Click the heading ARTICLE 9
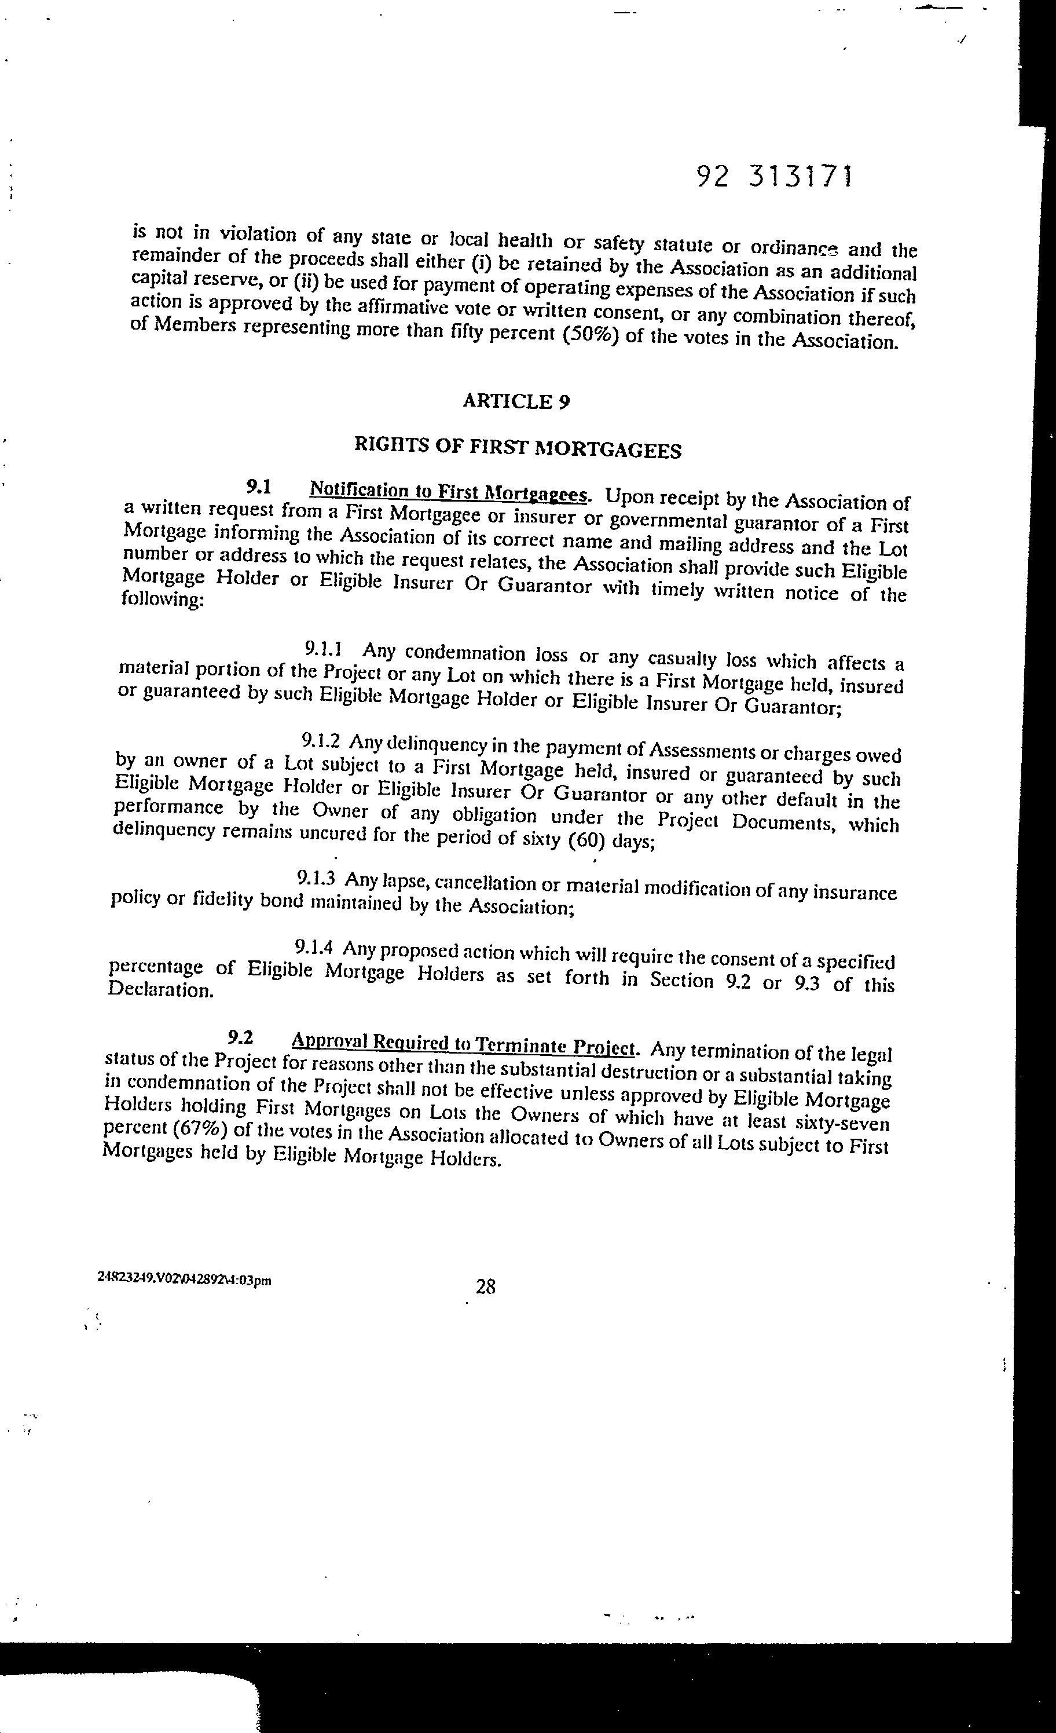point(516,401)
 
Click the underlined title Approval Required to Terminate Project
point(463,1044)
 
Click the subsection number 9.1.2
point(321,741)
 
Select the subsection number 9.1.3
point(316,877)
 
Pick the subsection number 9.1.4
point(314,948)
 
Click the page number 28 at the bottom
point(486,1287)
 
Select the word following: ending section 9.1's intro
point(163,601)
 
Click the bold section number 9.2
point(240,1037)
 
